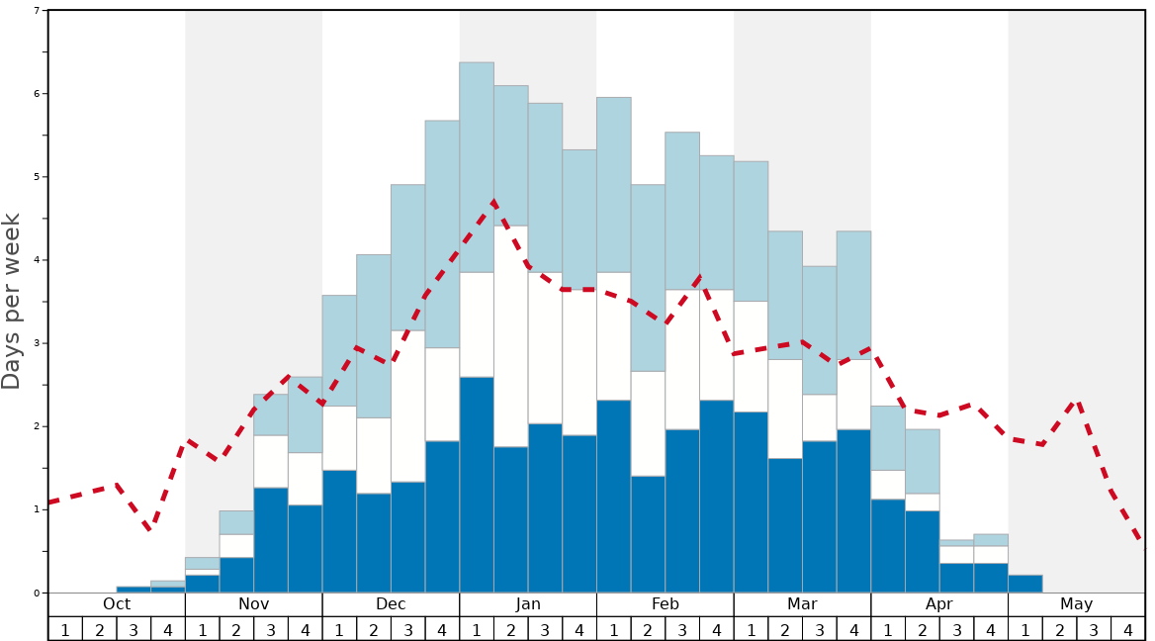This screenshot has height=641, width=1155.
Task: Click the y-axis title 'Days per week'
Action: (12, 301)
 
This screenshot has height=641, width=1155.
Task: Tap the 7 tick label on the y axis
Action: (37, 11)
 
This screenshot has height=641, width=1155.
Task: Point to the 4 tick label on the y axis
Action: (37, 260)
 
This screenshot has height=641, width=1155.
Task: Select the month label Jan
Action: (528, 604)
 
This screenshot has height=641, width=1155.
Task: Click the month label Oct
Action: (117, 604)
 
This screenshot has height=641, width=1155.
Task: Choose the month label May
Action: (1077, 604)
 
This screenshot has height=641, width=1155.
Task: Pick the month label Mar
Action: (802, 604)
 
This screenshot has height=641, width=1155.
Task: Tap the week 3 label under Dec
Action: (408, 629)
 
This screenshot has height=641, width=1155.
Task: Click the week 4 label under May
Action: (1128, 629)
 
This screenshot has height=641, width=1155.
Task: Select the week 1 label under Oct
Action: (65, 629)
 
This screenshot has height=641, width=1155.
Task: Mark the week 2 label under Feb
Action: (648, 629)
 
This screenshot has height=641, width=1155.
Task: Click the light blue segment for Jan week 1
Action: (477, 167)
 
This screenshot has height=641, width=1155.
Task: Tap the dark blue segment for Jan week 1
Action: (477, 485)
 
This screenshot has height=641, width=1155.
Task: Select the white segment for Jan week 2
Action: (511, 336)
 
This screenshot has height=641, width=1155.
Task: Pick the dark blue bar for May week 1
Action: (1025, 584)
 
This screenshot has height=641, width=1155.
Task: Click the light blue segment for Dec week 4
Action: (442, 233)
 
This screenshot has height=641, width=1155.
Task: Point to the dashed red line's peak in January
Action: (493, 202)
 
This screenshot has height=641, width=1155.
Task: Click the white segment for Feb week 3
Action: (682, 359)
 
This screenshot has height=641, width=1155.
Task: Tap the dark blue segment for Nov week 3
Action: (271, 540)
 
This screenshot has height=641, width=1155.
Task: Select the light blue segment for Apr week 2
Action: (923, 461)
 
